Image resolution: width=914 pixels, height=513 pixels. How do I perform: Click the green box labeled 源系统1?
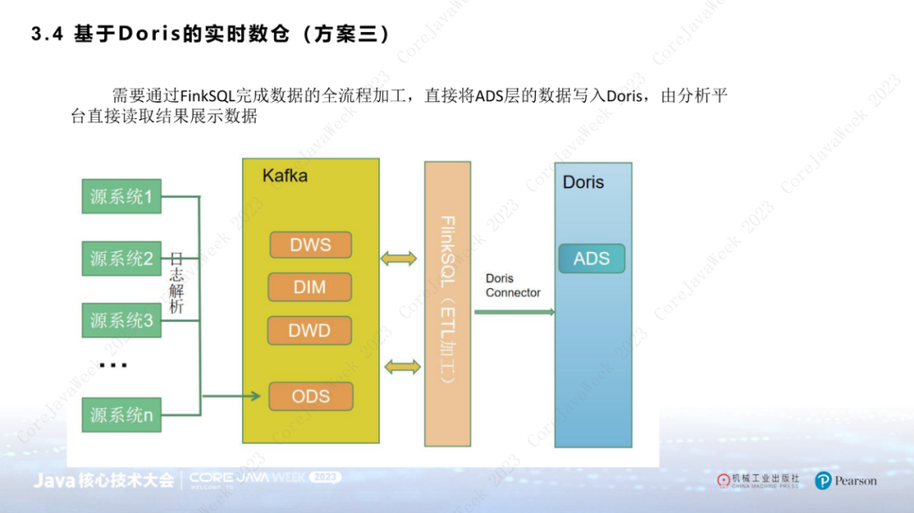pyautogui.click(x=121, y=197)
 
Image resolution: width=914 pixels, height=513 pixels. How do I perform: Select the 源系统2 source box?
pyautogui.click(x=121, y=259)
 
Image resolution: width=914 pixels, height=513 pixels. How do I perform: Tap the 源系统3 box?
pyautogui.click(x=121, y=320)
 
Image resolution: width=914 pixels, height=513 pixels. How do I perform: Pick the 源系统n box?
pyautogui.click(x=121, y=415)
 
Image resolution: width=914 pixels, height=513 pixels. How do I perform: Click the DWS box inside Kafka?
pyautogui.click(x=310, y=245)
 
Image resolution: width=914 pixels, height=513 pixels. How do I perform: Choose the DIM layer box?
pyautogui.click(x=310, y=287)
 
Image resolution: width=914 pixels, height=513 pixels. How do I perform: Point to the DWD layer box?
pyautogui.click(x=310, y=330)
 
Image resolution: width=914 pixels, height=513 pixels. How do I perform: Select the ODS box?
pyautogui.click(x=310, y=396)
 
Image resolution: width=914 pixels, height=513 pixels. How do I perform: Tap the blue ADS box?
pyautogui.click(x=592, y=259)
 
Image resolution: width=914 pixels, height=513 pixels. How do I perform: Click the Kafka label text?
pyautogui.click(x=284, y=176)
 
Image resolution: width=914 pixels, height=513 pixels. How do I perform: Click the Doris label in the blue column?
pyautogui.click(x=583, y=182)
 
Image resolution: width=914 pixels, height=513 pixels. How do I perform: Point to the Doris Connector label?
pyautogui.click(x=513, y=286)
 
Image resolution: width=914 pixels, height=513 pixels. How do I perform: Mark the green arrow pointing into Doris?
pyautogui.click(x=514, y=312)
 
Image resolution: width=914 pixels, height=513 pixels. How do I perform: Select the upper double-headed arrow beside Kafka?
pyautogui.click(x=399, y=259)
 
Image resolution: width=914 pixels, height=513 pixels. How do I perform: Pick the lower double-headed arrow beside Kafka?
pyautogui.click(x=402, y=366)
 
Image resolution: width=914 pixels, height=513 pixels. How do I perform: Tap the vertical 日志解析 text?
pyautogui.click(x=176, y=282)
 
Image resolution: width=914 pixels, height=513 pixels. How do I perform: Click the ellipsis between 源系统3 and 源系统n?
pyautogui.click(x=113, y=365)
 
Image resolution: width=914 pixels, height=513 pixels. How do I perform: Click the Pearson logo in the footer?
pyautogui.click(x=845, y=481)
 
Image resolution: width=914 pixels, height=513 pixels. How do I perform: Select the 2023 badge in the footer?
pyautogui.click(x=326, y=478)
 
